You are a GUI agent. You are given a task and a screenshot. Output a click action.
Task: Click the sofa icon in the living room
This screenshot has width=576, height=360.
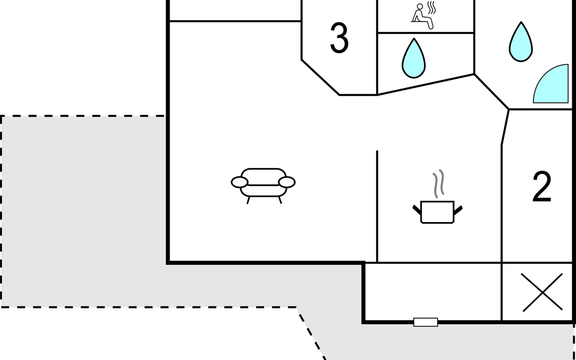263,183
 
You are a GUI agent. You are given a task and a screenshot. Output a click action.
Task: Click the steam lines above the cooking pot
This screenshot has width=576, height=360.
438,183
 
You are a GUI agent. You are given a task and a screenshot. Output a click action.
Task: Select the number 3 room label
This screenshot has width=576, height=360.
339,38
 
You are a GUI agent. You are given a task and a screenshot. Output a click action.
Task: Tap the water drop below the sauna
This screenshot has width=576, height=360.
414,59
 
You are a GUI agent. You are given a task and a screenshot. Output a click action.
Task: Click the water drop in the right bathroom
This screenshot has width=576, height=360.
521,43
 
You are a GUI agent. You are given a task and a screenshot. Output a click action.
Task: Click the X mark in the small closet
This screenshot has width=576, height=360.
542,292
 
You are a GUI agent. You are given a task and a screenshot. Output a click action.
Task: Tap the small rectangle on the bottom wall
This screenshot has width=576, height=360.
425,322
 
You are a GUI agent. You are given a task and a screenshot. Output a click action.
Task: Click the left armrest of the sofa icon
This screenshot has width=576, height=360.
239,182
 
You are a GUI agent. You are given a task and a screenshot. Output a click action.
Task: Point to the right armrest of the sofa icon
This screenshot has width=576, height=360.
287,182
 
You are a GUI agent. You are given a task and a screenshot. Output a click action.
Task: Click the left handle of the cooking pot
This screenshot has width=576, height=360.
417,210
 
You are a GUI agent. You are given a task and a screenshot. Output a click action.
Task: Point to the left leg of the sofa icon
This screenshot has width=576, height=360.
248,200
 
